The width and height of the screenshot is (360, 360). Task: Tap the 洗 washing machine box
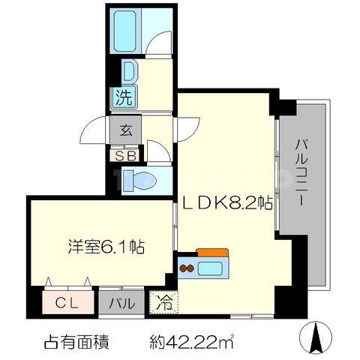(x=124, y=97)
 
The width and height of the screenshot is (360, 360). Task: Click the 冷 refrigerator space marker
(x=164, y=304)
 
